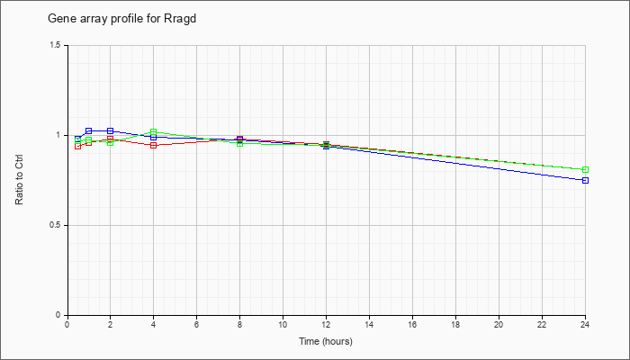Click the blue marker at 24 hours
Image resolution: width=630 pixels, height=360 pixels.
pyautogui.click(x=585, y=180)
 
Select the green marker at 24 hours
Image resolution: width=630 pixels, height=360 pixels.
pyautogui.click(x=585, y=169)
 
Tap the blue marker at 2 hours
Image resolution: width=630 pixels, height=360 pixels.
pyautogui.click(x=110, y=131)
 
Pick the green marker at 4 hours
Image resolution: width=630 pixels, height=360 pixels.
pyautogui.click(x=154, y=131)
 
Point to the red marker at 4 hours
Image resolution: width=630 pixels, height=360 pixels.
pyautogui.click(x=154, y=145)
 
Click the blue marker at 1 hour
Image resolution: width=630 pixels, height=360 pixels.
pyautogui.click(x=89, y=131)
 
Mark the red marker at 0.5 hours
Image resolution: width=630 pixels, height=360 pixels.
pyautogui.click(x=78, y=146)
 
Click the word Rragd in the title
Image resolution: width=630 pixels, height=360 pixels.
pyautogui.click(x=180, y=19)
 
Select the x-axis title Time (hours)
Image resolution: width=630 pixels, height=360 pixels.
pyautogui.click(x=326, y=341)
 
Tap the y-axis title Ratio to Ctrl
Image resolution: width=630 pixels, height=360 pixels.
pyautogui.click(x=19, y=180)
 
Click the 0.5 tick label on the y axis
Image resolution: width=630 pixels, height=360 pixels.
pyautogui.click(x=61, y=225)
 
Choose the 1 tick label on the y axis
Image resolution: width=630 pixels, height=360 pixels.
pyautogui.click(x=64, y=135)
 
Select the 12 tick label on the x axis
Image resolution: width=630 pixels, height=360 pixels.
pyautogui.click(x=326, y=324)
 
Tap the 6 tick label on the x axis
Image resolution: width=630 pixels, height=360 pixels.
pyautogui.click(x=196, y=324)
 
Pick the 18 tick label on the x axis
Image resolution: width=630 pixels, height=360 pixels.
pyautogui.click(x=455, y=324)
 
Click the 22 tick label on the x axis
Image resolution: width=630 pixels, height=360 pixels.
pyautogui.click(x=542, y=324)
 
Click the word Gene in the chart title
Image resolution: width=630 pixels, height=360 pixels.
pyautogui.click(x=58, y=19)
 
